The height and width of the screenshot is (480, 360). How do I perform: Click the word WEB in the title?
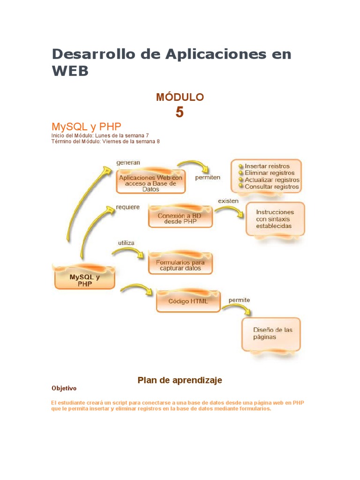click(x=70, y=71)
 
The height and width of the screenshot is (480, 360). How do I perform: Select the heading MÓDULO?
click(x=180, y=97)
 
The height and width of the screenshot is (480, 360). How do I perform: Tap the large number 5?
click(x=180, y=112)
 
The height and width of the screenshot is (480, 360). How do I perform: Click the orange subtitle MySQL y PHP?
click(x=86, y=127)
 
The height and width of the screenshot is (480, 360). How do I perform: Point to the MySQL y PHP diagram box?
click(x=85, y=280)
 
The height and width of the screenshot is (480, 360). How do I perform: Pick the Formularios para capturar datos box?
click(x=180, y=265)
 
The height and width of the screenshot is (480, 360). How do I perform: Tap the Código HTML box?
click(x=188, y=301)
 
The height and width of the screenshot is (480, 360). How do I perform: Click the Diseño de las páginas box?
click(x=271, y=333)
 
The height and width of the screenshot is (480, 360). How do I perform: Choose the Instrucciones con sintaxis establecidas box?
click(x=275, y=219)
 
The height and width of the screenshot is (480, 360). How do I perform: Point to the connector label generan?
click(x=128, y=163)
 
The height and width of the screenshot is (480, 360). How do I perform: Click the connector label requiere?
click(x=128, y=207)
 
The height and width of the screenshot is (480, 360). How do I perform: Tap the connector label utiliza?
click(x=126, y=243)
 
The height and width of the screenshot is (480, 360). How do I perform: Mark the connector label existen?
click(x=228, y=201)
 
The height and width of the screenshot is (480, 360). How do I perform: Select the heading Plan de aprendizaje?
click(x=180, y=380)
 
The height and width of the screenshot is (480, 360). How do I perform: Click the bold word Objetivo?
click(x=64, y=389)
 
